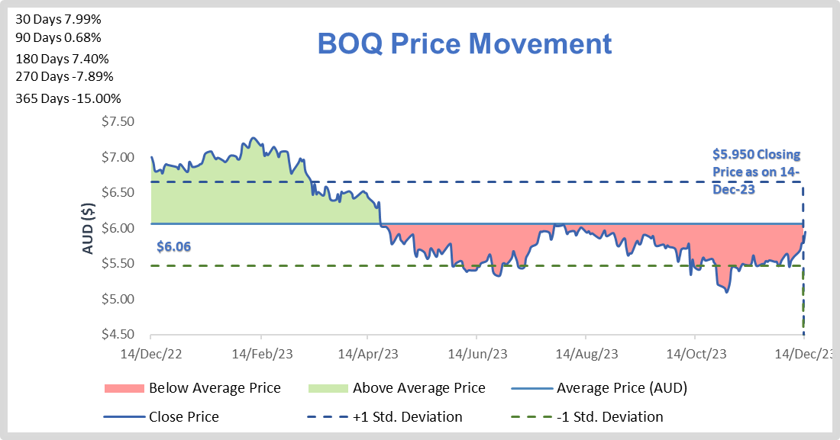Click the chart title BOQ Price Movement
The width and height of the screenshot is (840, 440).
point(464,43)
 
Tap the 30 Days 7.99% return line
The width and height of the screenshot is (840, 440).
point(58,17)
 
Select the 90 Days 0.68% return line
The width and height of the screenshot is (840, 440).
point(58,37)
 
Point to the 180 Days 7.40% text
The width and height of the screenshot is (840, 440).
point(62,59)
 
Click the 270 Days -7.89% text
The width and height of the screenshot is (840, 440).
point(64,76)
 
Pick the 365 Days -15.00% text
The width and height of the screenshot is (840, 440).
point(68,98)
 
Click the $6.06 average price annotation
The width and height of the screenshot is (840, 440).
point(173,246)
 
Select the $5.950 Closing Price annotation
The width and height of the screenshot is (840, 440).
point(756,172)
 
